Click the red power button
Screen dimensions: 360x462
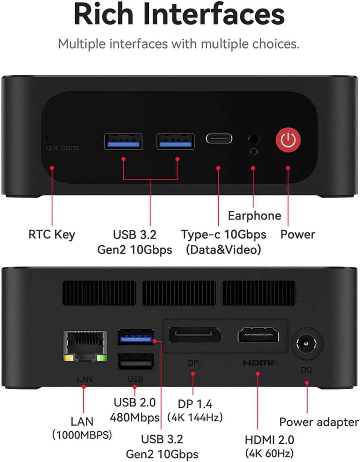[288, 140]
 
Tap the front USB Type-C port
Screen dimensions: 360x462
[219, 138]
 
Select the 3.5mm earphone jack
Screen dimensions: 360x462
[254, 139]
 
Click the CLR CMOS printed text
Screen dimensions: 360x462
[62, 148]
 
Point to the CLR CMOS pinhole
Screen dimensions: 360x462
[48, 138]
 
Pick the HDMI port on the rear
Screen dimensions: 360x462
[258, 335]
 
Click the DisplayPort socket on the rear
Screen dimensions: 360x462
[195, 335]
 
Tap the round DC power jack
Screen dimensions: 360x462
[306, 343]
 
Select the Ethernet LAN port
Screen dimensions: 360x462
[85, 346]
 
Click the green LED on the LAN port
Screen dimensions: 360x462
[102, 358]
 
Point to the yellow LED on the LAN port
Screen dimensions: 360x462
[69, 358]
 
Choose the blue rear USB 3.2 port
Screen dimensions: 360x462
[136, 337]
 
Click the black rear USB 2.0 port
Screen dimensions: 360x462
[136, 361]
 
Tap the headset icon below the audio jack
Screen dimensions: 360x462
[254, 152]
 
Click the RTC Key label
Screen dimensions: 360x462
[52, 235]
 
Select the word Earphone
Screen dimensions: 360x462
[255, 216]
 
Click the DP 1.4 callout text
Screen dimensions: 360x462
[195, 404]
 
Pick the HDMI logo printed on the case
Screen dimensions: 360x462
[260, 363]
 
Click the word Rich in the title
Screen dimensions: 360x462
[104, 15]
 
